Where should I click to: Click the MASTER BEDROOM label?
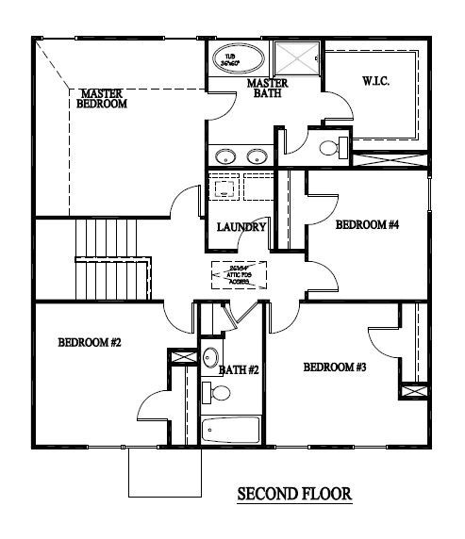click(103, 99)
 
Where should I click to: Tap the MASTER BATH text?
click(267, 88)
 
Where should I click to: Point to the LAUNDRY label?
click(241, 227)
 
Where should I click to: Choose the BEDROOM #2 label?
click(89, 342)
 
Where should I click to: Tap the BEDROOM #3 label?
click(335, 367)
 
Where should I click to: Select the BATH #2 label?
click(239, 370)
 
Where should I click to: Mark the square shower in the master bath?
click(299, 60)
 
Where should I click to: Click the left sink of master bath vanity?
click(224, 156)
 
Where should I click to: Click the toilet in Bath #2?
click(209, 391)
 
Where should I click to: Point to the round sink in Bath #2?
click(210, 358)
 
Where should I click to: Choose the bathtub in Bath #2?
click(231, 431)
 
